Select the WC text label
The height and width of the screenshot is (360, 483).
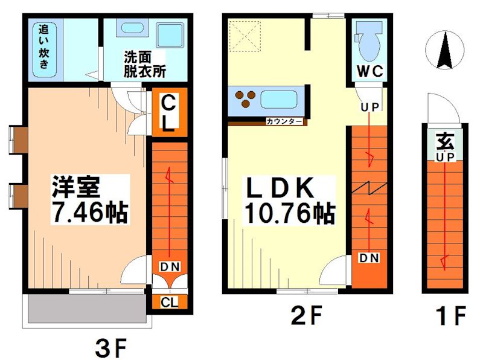click(369, 71)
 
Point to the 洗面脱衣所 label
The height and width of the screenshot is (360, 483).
click(144, 63)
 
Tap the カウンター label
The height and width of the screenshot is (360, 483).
click(284, 121)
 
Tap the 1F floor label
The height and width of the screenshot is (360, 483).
click(451, 315)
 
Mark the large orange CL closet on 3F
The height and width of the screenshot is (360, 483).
click(168, 113)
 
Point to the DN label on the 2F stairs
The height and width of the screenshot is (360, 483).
click(369, 258)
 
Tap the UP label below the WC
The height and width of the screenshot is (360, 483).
click(369, 108)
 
